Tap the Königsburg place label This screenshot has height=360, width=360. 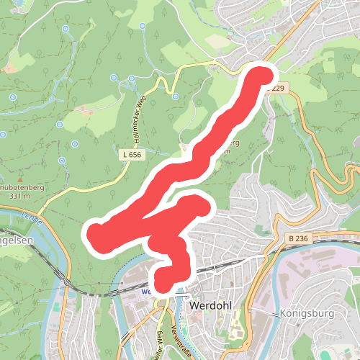point(301,314)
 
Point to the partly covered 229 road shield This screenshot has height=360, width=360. point(279,88)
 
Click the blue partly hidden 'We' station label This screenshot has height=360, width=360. point(145,292)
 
